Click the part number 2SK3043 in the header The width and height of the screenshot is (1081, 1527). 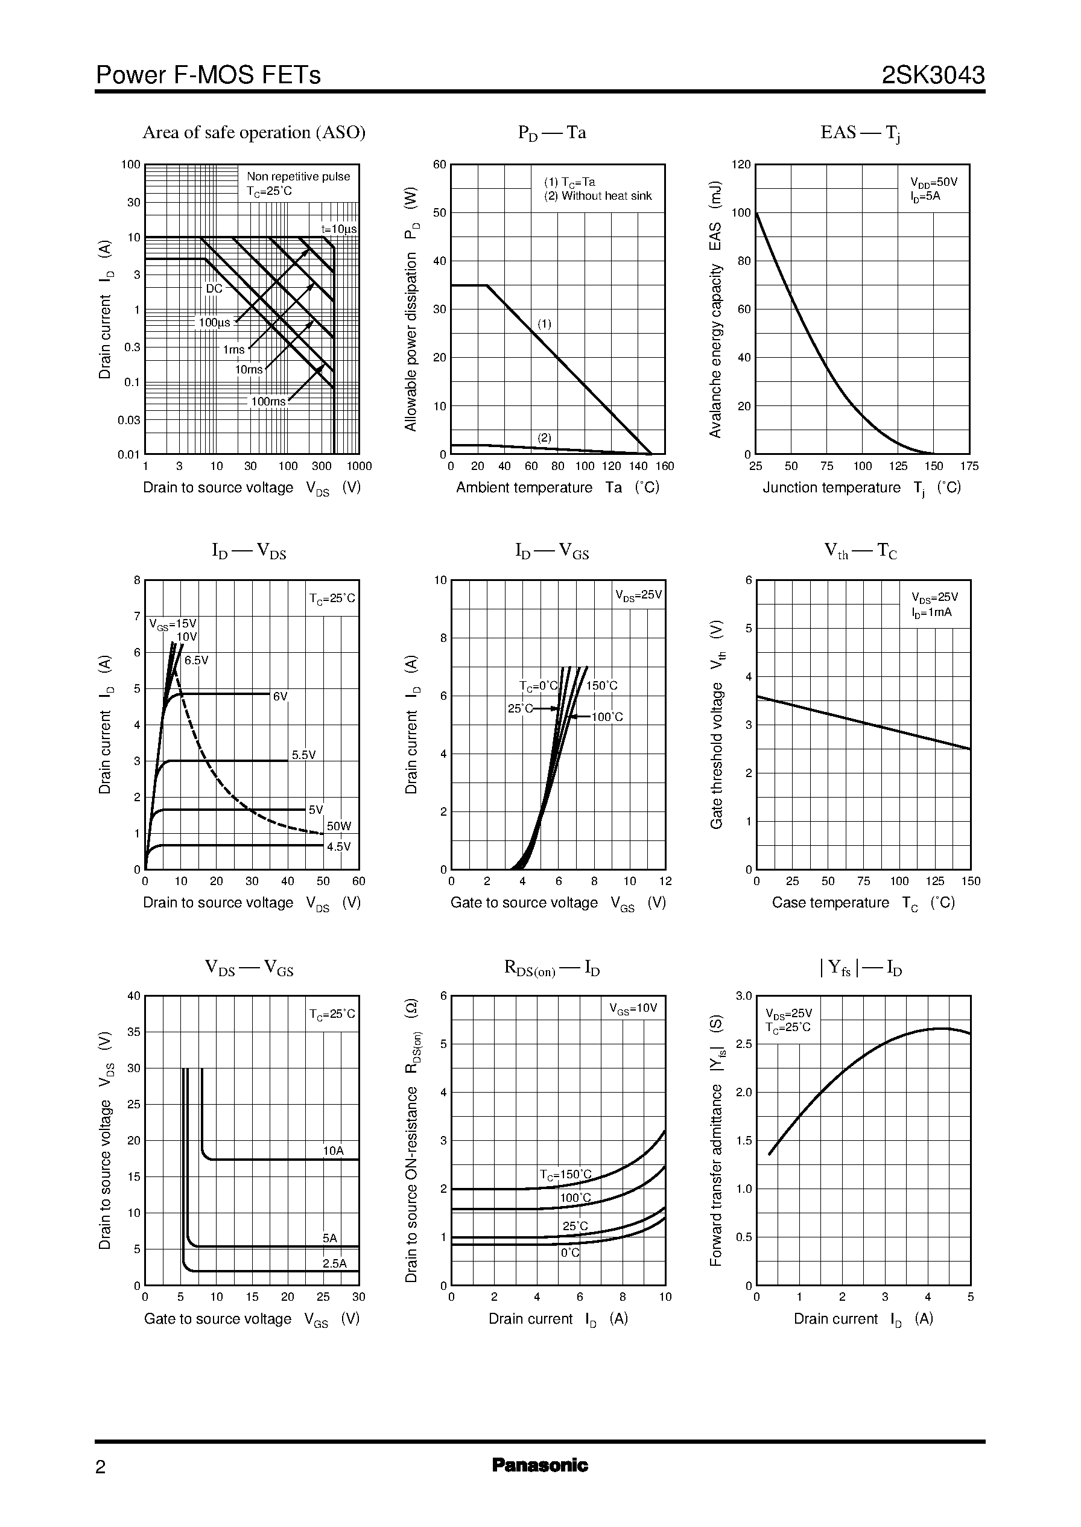(x=933, y=75)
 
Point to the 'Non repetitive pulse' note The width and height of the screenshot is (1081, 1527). (x=298, y=176)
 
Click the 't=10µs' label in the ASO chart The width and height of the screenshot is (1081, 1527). (x=339, y=229)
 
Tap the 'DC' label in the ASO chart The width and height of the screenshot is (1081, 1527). (x=214, y=289)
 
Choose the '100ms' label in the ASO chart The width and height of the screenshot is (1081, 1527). (x=268, y=401)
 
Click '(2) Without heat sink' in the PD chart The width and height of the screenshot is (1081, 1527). (x=598, y=195)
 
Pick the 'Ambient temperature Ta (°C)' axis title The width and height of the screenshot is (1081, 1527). (x=557, y=487)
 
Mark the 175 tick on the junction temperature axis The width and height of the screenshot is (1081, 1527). (x=969, y=466)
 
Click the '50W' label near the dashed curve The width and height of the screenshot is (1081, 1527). (x=339, y=826)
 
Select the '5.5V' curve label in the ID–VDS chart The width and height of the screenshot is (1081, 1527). (x=303, y=755)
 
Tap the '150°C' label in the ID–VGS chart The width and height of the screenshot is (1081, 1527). (x=602, y=685)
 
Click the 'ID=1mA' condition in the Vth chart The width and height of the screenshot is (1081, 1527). (x=931, y=612)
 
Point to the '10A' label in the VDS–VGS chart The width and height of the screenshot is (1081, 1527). (x=334, y=1151)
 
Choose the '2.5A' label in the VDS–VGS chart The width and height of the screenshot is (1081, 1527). (x=334, y=1263)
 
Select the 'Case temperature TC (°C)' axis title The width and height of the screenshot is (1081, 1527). (x=863, y=903)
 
